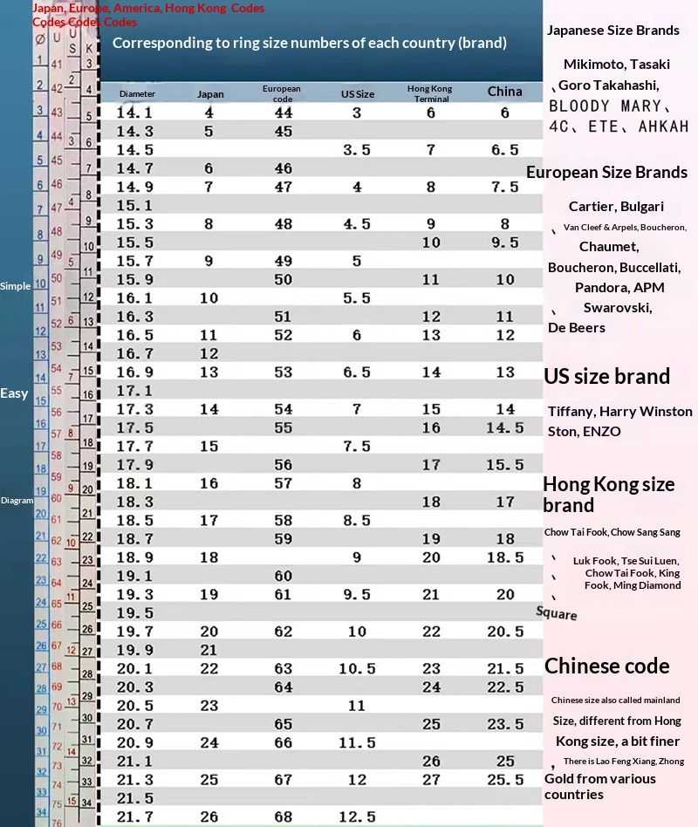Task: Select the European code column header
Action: pyautogui.click(x=282, y=93)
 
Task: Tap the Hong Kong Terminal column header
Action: pyautogui.click(x=429, y=93)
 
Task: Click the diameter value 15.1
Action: pyautogui.click(x=134, y=205)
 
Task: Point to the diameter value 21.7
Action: pyautogui.click(x=134, y=817)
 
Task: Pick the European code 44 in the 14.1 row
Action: pyautogui.click(x=283, y=113)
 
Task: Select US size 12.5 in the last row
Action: pyautogui.click(x=357, y=817)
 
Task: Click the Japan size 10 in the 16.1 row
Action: pyautogui.click(x=209, y=297)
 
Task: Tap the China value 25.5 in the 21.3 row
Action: pyautogui.click(x=505, y=780)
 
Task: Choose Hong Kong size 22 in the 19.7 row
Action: pyautogui.click(x=431, y=632)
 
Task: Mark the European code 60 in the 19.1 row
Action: pyautogui.click(x=283, y=576)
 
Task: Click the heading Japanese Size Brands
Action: pyautogui.click(x=612, y=31)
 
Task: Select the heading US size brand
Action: pyautogui.click(x=606, y=377)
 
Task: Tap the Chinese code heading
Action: pyautogui.click(x=606, y=666)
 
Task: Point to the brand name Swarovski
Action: pyautogui.click(x=618, y=308)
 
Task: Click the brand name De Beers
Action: pyautogui.click(x=576, y=328)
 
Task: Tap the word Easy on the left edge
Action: pyautogui.click(x=14, y=393)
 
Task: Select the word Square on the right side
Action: pyautogui.click(x=557, y=613)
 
